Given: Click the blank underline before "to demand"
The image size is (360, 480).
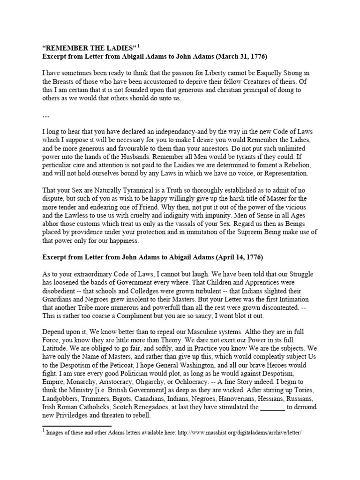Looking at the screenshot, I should click(272, 407).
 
